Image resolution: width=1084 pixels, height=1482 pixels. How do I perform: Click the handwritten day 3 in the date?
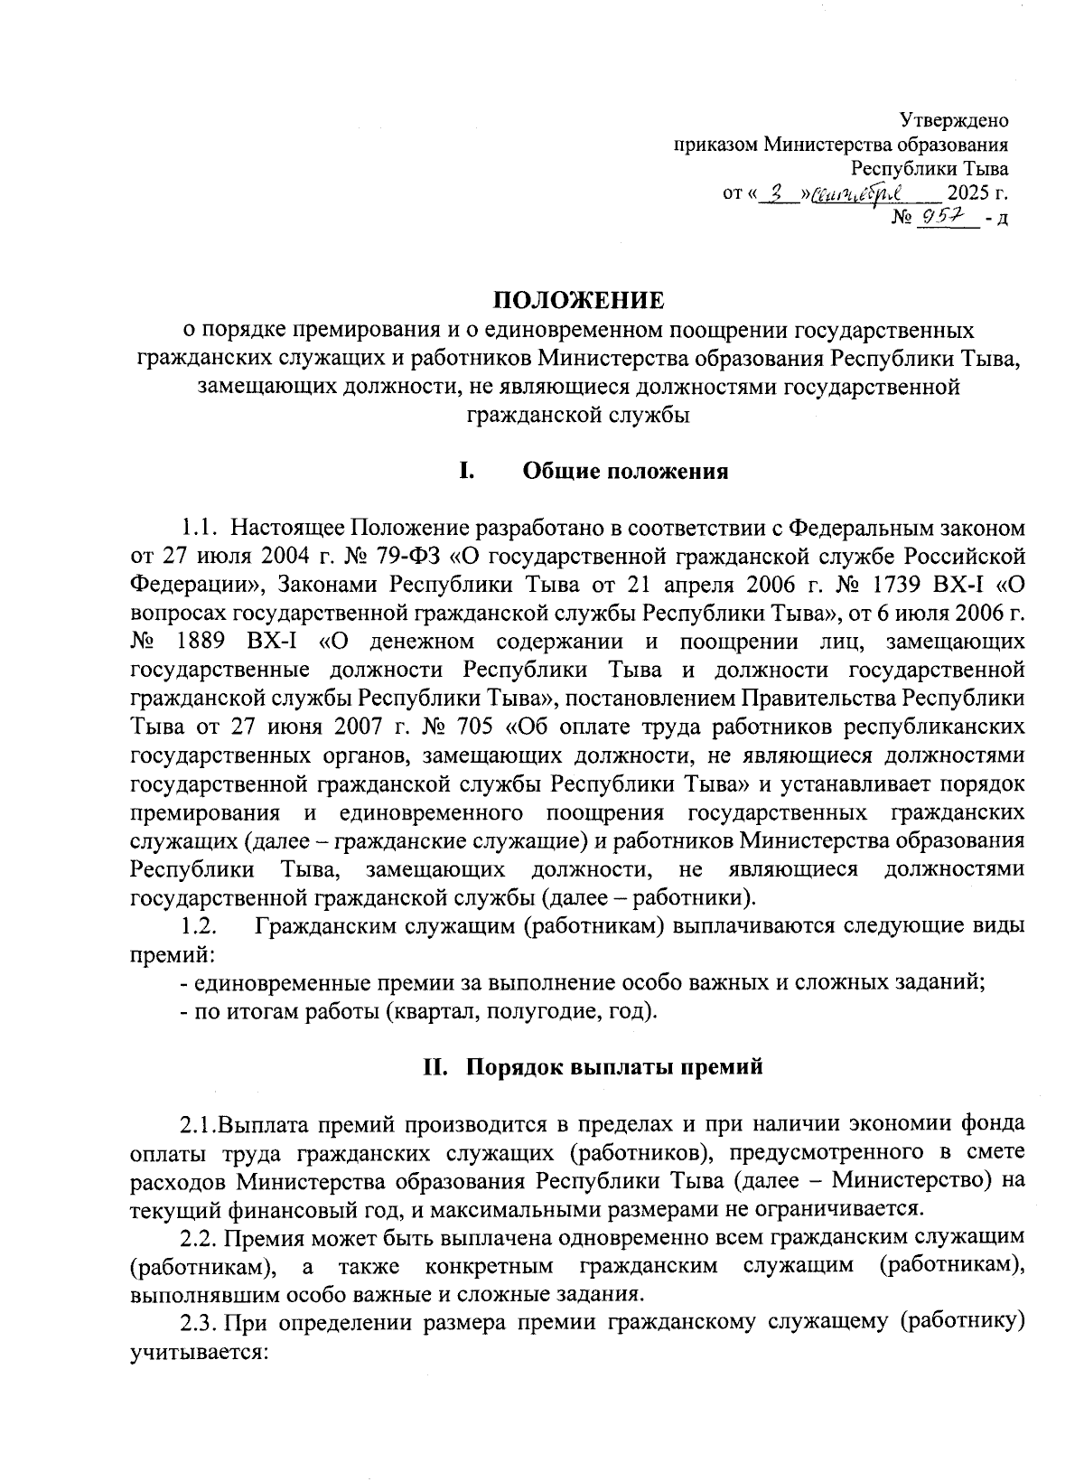tap(775, 192)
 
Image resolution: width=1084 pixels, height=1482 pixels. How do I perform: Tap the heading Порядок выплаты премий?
tap(614, 1066)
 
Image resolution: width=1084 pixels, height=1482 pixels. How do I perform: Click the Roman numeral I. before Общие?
tap(467, 472)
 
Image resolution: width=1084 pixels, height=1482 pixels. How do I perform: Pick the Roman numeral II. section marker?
tap(436, 1066)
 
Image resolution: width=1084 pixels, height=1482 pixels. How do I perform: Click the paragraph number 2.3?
tap(199, 1324)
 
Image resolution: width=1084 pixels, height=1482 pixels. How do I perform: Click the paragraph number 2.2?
tap(199, 1236)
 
